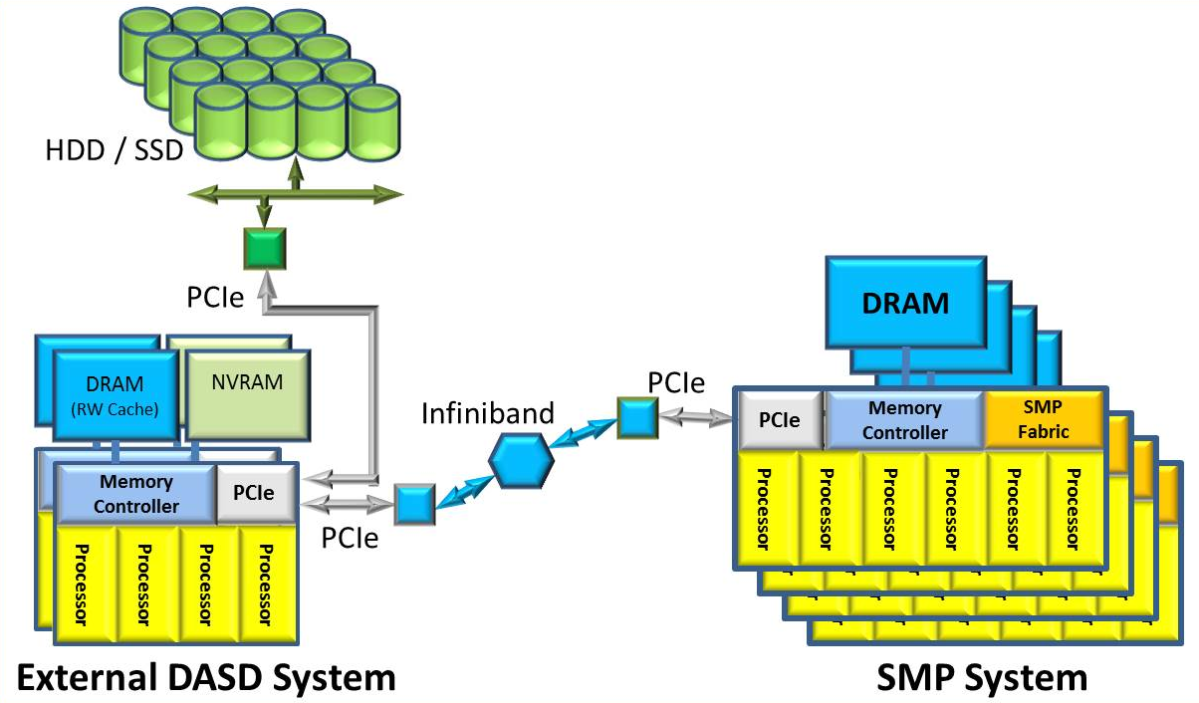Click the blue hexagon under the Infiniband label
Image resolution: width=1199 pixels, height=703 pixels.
point(523,461)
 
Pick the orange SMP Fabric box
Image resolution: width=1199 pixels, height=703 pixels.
point(1044,418)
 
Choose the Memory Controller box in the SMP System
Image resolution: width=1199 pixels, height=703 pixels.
point(904,419)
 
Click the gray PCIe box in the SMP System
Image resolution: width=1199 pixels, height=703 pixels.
point(781,419)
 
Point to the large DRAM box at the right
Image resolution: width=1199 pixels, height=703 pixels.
point(904,303)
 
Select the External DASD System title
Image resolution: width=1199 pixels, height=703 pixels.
point(207,678)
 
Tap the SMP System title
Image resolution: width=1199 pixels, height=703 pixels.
point(982,678)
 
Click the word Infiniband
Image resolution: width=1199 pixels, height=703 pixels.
point(487,413)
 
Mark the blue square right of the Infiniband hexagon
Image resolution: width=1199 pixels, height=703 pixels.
point(634,418)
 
